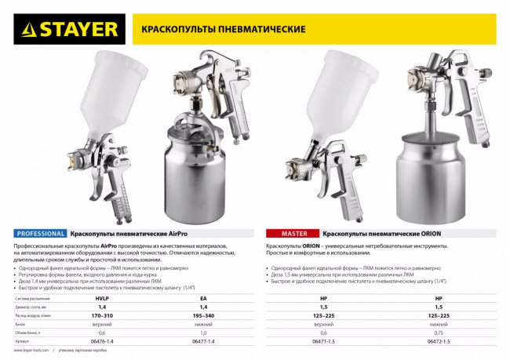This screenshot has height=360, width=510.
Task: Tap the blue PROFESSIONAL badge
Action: tap(40, 234)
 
